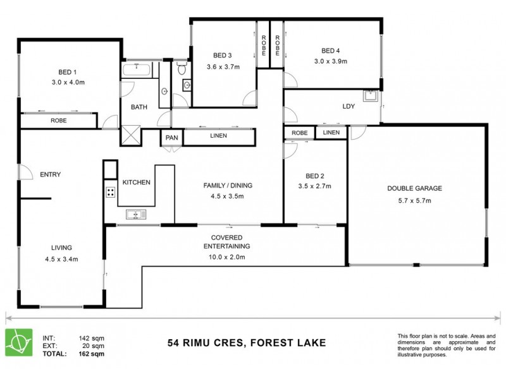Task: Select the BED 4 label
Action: [330, 51]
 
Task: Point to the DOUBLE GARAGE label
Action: [414, 188]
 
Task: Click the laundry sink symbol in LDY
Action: [370, 95]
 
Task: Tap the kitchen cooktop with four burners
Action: [110, 193]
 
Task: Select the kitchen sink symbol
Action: [135, 215]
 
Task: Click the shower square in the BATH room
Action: [132, 135]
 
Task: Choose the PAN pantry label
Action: [171, 137]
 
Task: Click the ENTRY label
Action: [50, 175]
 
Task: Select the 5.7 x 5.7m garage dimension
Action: [414, 201]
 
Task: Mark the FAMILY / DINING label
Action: [228, 186]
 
